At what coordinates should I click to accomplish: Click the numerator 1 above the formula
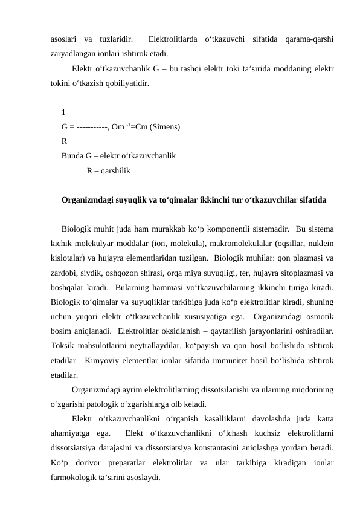(x=63, y=112)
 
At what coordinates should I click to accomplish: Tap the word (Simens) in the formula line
(x=161, y=126)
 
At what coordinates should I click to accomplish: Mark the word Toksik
(x=62, y=345)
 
